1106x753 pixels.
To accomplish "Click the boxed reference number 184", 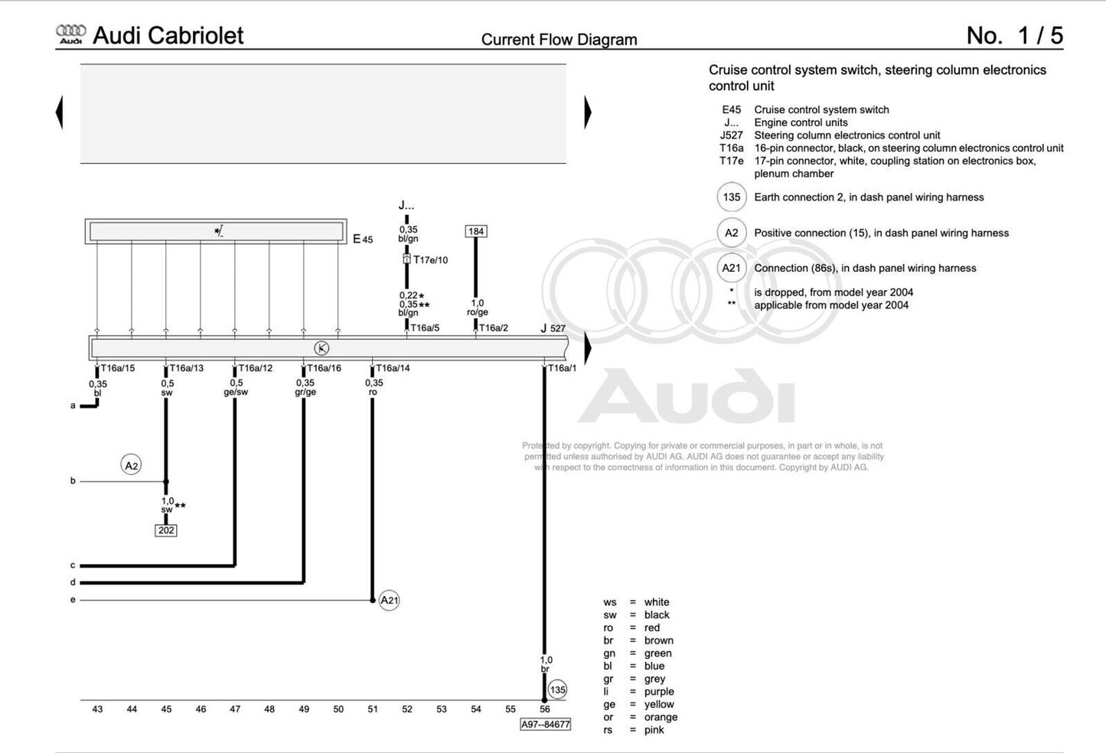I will (x=476, y=231).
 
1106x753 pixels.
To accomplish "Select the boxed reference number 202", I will (x=166, y=530).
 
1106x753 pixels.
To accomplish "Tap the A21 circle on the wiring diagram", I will (x=390, y=600).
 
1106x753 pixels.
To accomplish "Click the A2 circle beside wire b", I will (x=132, y=465).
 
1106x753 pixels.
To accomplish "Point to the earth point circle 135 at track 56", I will (x=558, y=689).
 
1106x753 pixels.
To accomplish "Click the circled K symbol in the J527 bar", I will (x=321, y=348).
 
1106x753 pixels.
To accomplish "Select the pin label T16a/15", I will (x=117, y=368).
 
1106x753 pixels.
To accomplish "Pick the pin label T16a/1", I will (x=562, y=368).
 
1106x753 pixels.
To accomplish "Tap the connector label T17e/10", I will (x=430, y=260).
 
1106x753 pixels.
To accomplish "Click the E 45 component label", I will (x=363, y=239).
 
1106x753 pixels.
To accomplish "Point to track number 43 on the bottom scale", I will (x=97, y=709).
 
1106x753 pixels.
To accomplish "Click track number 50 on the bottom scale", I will (x=338, y=709).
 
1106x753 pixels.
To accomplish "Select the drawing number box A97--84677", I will (x=545, y=724).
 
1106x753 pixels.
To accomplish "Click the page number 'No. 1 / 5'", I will (x=1014, y=35).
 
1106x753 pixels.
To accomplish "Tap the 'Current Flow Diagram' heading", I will (x=559, y=40).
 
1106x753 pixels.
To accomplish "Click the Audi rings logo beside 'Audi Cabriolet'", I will (x=71, y=34).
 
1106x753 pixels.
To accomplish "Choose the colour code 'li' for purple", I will (x=606, y=692).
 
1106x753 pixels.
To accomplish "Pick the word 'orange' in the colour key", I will (x=661, y=717).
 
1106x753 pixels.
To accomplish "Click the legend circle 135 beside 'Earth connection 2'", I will (x=732, y=197).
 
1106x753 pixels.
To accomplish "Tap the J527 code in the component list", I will (x=731, y=135).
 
